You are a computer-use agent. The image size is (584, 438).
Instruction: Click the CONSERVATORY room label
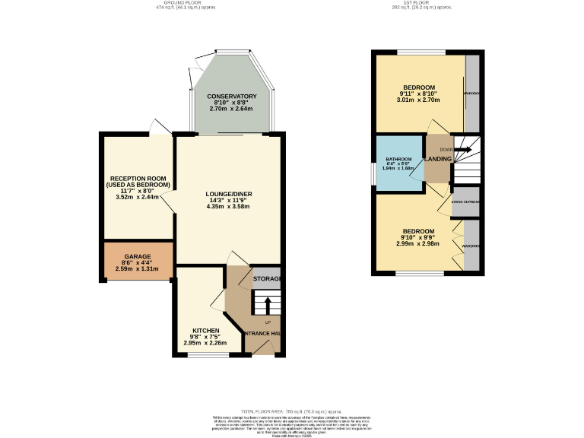(232, 97)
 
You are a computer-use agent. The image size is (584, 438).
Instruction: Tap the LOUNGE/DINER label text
(228, 194)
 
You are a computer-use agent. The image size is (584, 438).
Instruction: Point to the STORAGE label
(268, 279)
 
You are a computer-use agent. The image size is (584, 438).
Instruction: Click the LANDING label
(439, 159)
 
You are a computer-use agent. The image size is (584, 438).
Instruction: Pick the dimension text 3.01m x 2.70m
(419, 99)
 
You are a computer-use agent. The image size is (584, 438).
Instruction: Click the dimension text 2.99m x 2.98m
(418, 244)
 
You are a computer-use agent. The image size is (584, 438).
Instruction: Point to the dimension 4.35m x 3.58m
(228, 207)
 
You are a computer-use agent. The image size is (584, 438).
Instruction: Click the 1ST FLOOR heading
(412, 4)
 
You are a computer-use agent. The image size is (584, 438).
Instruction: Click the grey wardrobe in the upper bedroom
(472, 93)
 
